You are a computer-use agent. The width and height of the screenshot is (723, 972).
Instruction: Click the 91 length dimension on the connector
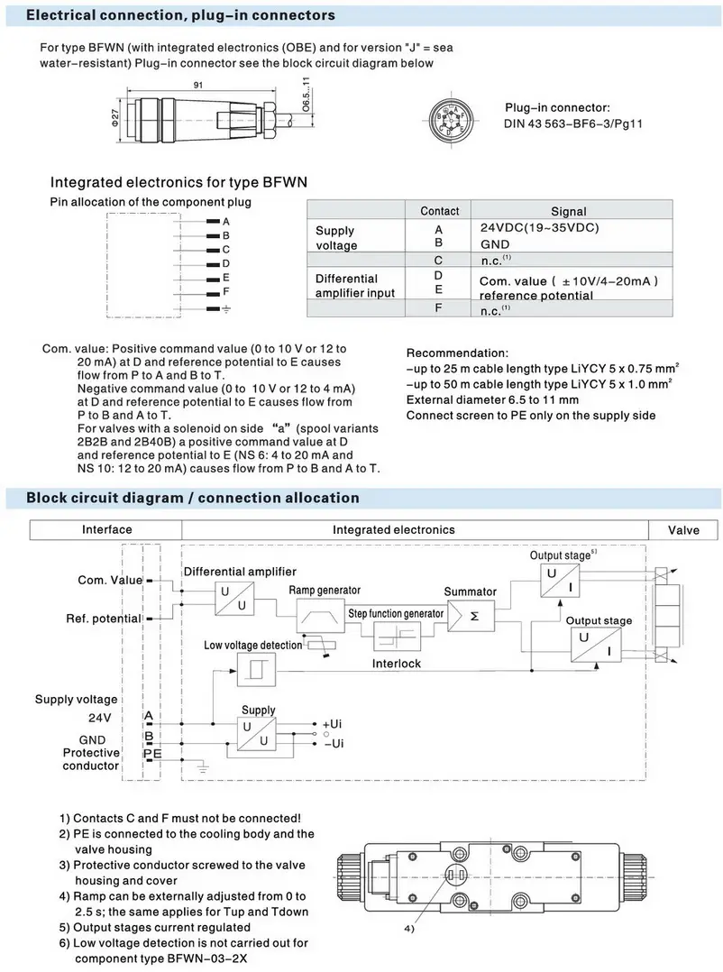pos(196,86)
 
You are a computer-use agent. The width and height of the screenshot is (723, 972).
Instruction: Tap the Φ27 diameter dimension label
pos(114,118)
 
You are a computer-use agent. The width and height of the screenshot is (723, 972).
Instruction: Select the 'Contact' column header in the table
pos(439,211)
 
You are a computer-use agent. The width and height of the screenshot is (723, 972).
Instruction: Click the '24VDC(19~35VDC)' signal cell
pos(538,227)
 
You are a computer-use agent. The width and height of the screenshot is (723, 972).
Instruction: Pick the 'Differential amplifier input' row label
pos(353,286)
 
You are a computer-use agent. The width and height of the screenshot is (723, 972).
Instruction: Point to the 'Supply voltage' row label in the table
pos(336,238)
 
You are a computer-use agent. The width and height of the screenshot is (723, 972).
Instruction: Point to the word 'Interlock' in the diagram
pos(397,664)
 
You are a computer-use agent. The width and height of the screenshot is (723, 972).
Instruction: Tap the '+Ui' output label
pos(333,724)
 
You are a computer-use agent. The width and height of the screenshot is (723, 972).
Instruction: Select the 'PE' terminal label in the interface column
pos(152,753)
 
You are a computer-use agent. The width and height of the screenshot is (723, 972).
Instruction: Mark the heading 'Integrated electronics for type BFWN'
pos(178,181)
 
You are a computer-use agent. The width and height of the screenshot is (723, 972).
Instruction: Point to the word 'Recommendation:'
pos(457,352)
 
